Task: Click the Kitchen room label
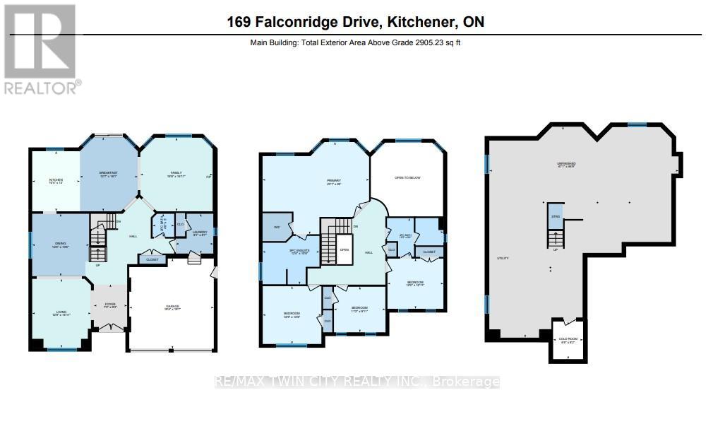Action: coord(56,182)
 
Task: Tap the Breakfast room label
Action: coord(108,175)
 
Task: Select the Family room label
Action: coord(176,175)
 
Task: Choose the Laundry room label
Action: coord(200,233)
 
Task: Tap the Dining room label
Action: coord(60,245)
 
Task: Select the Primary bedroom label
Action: coord(334,182)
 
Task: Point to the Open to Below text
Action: coord(407,178)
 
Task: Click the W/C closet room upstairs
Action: coord(276,228)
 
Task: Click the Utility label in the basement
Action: coord(503,259)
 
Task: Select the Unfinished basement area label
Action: coord(566,166)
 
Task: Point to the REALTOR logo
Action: coord(42,49)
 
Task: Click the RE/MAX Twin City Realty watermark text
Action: coord(356,382)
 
